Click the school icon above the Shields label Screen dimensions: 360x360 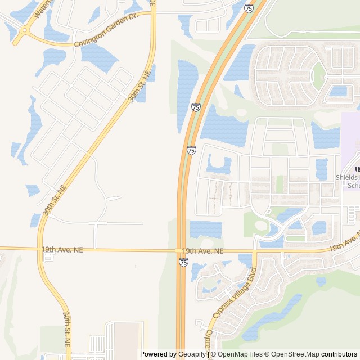pyautogui.click(x=357, y=169)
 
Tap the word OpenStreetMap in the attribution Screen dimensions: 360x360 pyautogui.click(x=294, y=354)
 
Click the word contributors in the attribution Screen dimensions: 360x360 pyautogui.click(x=339, y=354)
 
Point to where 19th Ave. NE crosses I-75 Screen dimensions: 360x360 pyautogui.click(x=181, y=250)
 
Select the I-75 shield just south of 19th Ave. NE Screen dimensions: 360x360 pyautogui.click(x=183, y=262)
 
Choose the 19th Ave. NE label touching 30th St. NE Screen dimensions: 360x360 pyautogui.click(x=62, y=249)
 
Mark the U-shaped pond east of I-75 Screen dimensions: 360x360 pyautogui.click(x=219, y=165)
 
